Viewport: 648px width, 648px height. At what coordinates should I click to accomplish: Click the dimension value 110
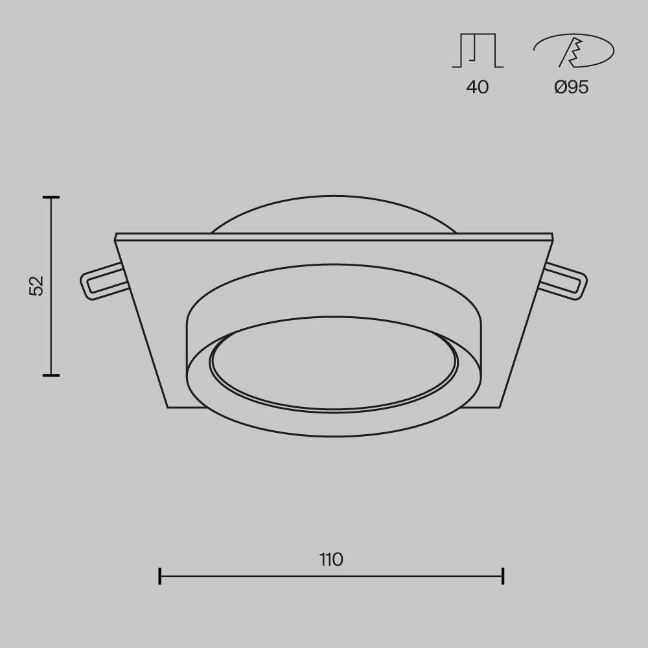331,559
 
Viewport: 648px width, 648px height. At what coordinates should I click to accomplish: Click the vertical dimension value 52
36,285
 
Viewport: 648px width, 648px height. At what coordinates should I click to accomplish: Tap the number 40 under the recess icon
478,87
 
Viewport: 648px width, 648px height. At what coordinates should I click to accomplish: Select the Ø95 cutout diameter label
572,87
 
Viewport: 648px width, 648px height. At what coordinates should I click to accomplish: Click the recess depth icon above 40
478,51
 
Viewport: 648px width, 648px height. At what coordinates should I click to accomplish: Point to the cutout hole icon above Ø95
573,51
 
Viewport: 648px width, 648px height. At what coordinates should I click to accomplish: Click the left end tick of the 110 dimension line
160,575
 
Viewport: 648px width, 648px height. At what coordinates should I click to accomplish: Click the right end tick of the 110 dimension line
503,575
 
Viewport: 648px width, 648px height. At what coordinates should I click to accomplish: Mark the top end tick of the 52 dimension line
51,196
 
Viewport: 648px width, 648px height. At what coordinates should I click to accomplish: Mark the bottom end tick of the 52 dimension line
51,375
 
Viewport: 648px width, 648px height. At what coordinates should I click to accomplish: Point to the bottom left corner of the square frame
168,407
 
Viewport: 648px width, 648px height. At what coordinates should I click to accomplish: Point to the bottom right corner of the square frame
500,407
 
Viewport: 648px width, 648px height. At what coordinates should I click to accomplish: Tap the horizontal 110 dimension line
259,575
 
